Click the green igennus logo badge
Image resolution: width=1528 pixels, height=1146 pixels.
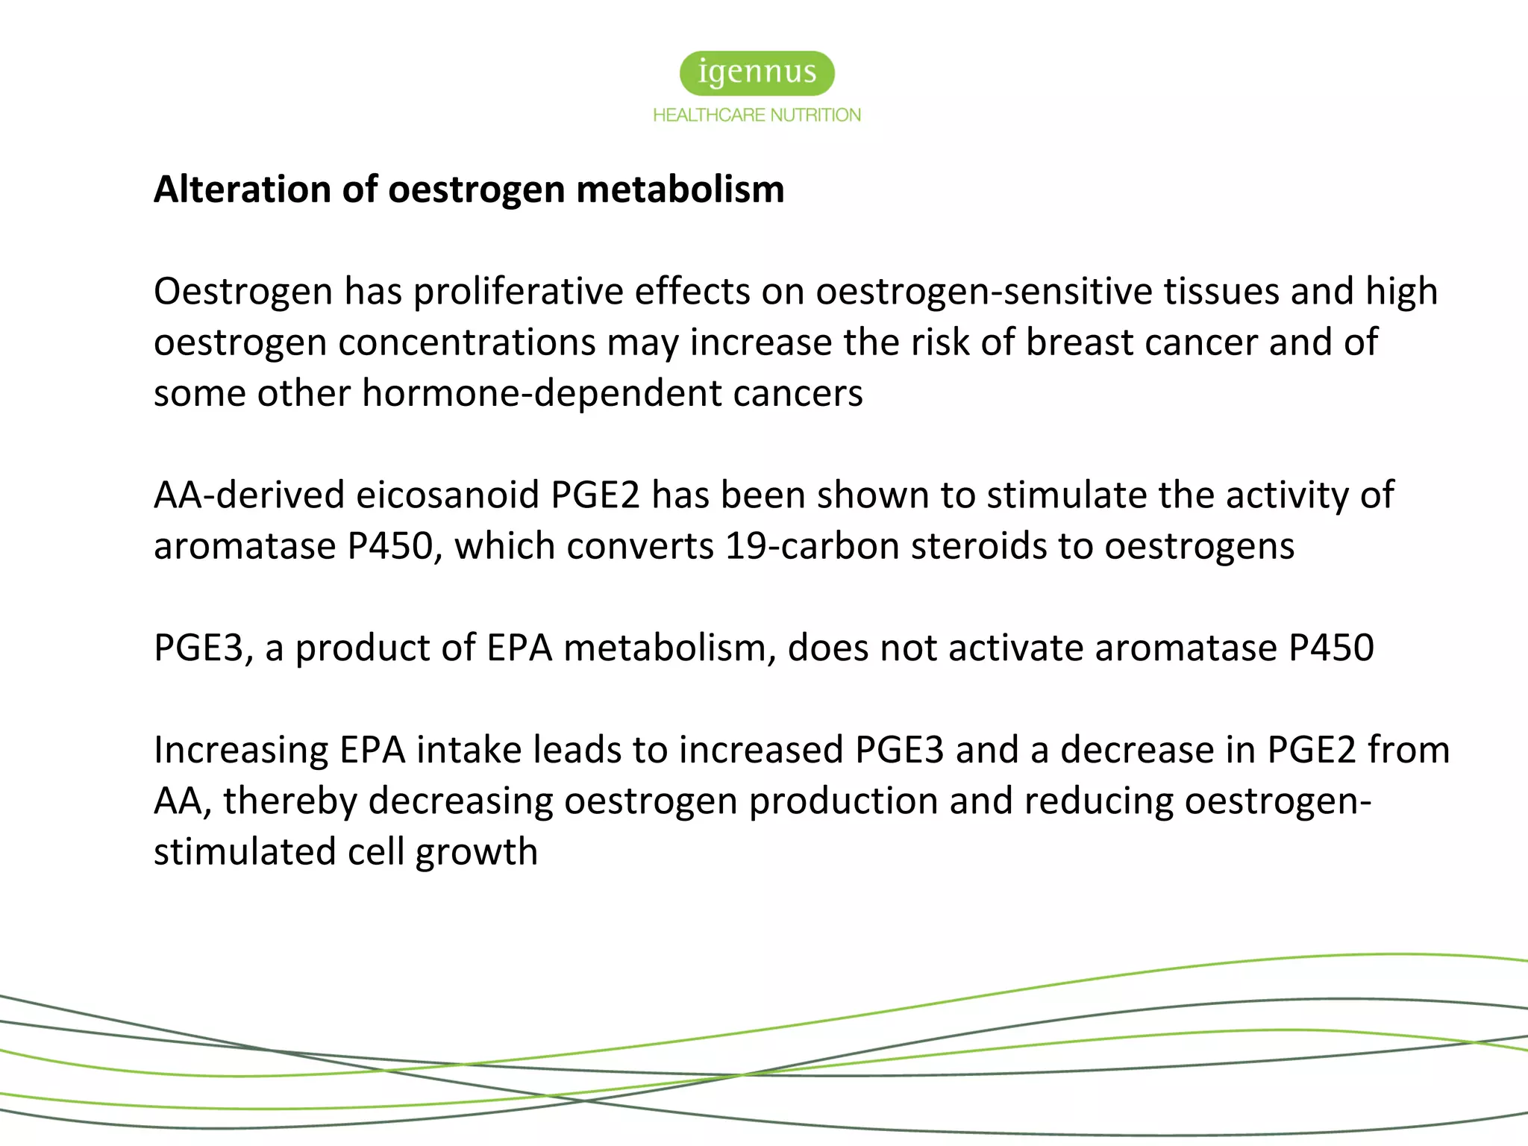757,73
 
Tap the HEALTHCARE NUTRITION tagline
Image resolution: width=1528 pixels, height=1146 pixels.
757,115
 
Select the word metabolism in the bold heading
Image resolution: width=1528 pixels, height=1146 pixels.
680,189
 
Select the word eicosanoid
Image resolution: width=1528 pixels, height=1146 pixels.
448,495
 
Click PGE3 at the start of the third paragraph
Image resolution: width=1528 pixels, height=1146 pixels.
198,648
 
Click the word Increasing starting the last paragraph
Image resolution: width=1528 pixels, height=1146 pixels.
241,750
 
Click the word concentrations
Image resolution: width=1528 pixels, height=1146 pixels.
466,342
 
